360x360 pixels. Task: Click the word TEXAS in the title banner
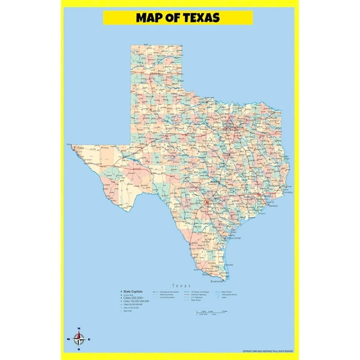pyautogui.click(x=198, y=17)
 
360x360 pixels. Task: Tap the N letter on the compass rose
pyautogui.click(x=79, y=328)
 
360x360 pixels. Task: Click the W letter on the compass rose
pyautogui.click(x=67, y=340)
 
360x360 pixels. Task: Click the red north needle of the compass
pyautogui.click(x=79, y=335)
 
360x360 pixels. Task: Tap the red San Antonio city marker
pyautogui.click(x=206, y=203)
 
